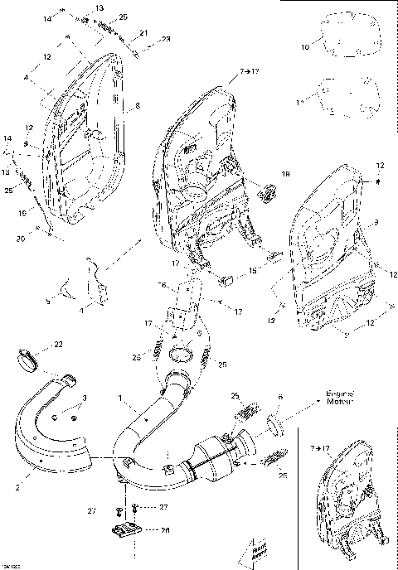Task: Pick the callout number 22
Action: click(57, 344)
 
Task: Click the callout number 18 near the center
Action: click(286, 175)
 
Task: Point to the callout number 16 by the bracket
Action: click(163, 285)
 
